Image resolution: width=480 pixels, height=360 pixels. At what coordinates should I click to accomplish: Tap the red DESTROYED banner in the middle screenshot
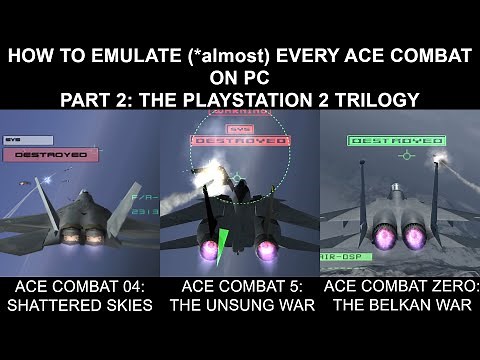click(x=237, y=141)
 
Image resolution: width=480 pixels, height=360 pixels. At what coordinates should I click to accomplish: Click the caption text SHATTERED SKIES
click(x=78, y=305)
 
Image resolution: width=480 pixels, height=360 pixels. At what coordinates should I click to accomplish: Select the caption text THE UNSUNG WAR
click(x=240, y=305)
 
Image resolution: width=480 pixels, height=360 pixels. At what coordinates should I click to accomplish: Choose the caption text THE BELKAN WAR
click(x=402, y=305)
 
